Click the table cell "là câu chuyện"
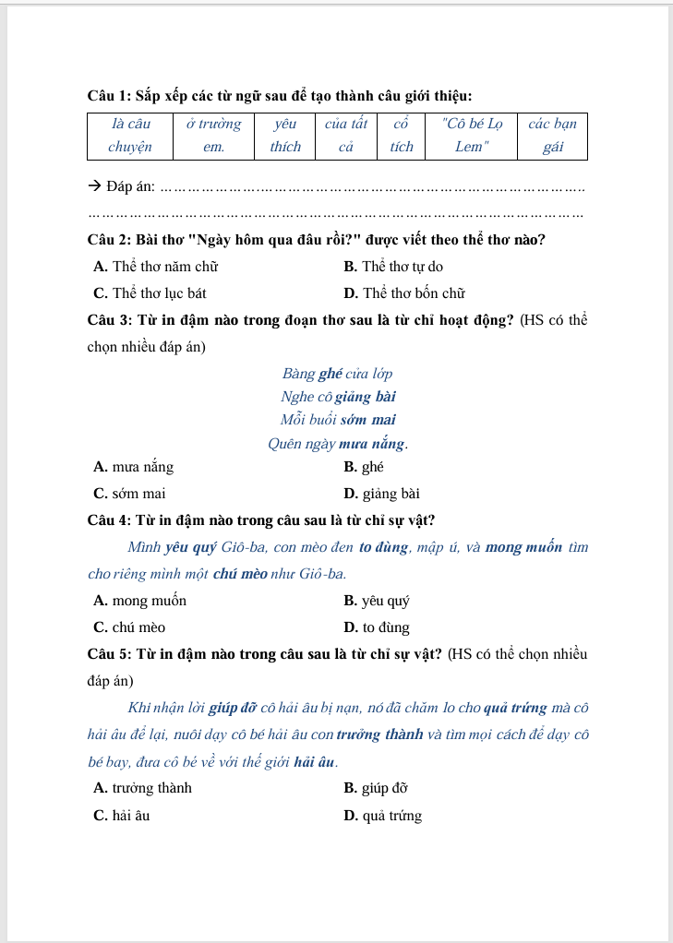coord(130,135)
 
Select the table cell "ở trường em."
coord(213,135)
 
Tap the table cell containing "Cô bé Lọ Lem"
coord(472,135)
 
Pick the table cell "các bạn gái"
coord(553,135)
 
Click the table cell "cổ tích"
coord(401,135)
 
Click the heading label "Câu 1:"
coord(109,95)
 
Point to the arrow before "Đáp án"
coord(94,188)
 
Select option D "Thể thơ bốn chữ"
coord(403,293)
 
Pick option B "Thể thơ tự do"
coord(393,267)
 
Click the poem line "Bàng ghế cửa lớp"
coord(337,374)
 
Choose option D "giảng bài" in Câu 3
coord(381,493)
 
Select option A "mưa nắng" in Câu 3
coord(134,467)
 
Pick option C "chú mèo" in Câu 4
coord(130,627)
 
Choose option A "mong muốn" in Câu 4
coord(140,601)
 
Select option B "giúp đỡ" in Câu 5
coord(376,788)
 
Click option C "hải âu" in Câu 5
coord(122,816)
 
